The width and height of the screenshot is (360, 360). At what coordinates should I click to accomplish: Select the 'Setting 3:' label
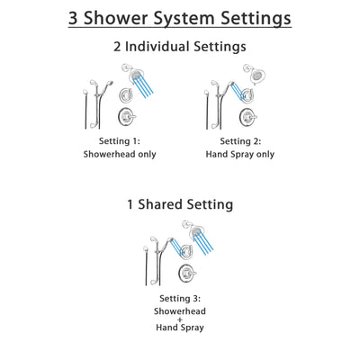tap(179, 299)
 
